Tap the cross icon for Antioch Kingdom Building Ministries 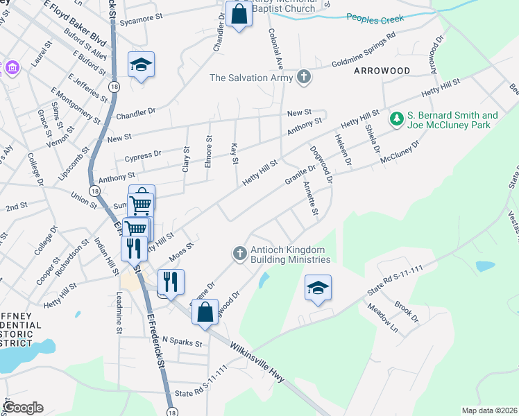click(x=239, y=253)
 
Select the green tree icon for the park click(x=397, y=119)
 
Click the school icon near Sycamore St click(x=142, y=65)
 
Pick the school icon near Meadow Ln click(x=318, y=288)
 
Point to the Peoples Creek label click(x=375, y=19)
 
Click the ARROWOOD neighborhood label click(x=382, y=71)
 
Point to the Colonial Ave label click(x=276, y=47)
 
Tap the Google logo click(x=24, y=408)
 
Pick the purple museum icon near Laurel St click(x=12, y=68)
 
